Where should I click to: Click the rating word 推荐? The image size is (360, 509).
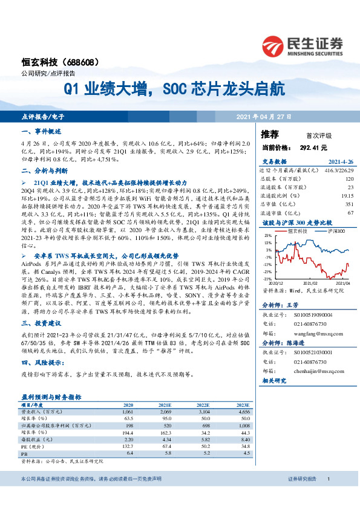click(x=270, y=134)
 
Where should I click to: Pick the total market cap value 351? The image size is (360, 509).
click(x=349, y=204)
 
